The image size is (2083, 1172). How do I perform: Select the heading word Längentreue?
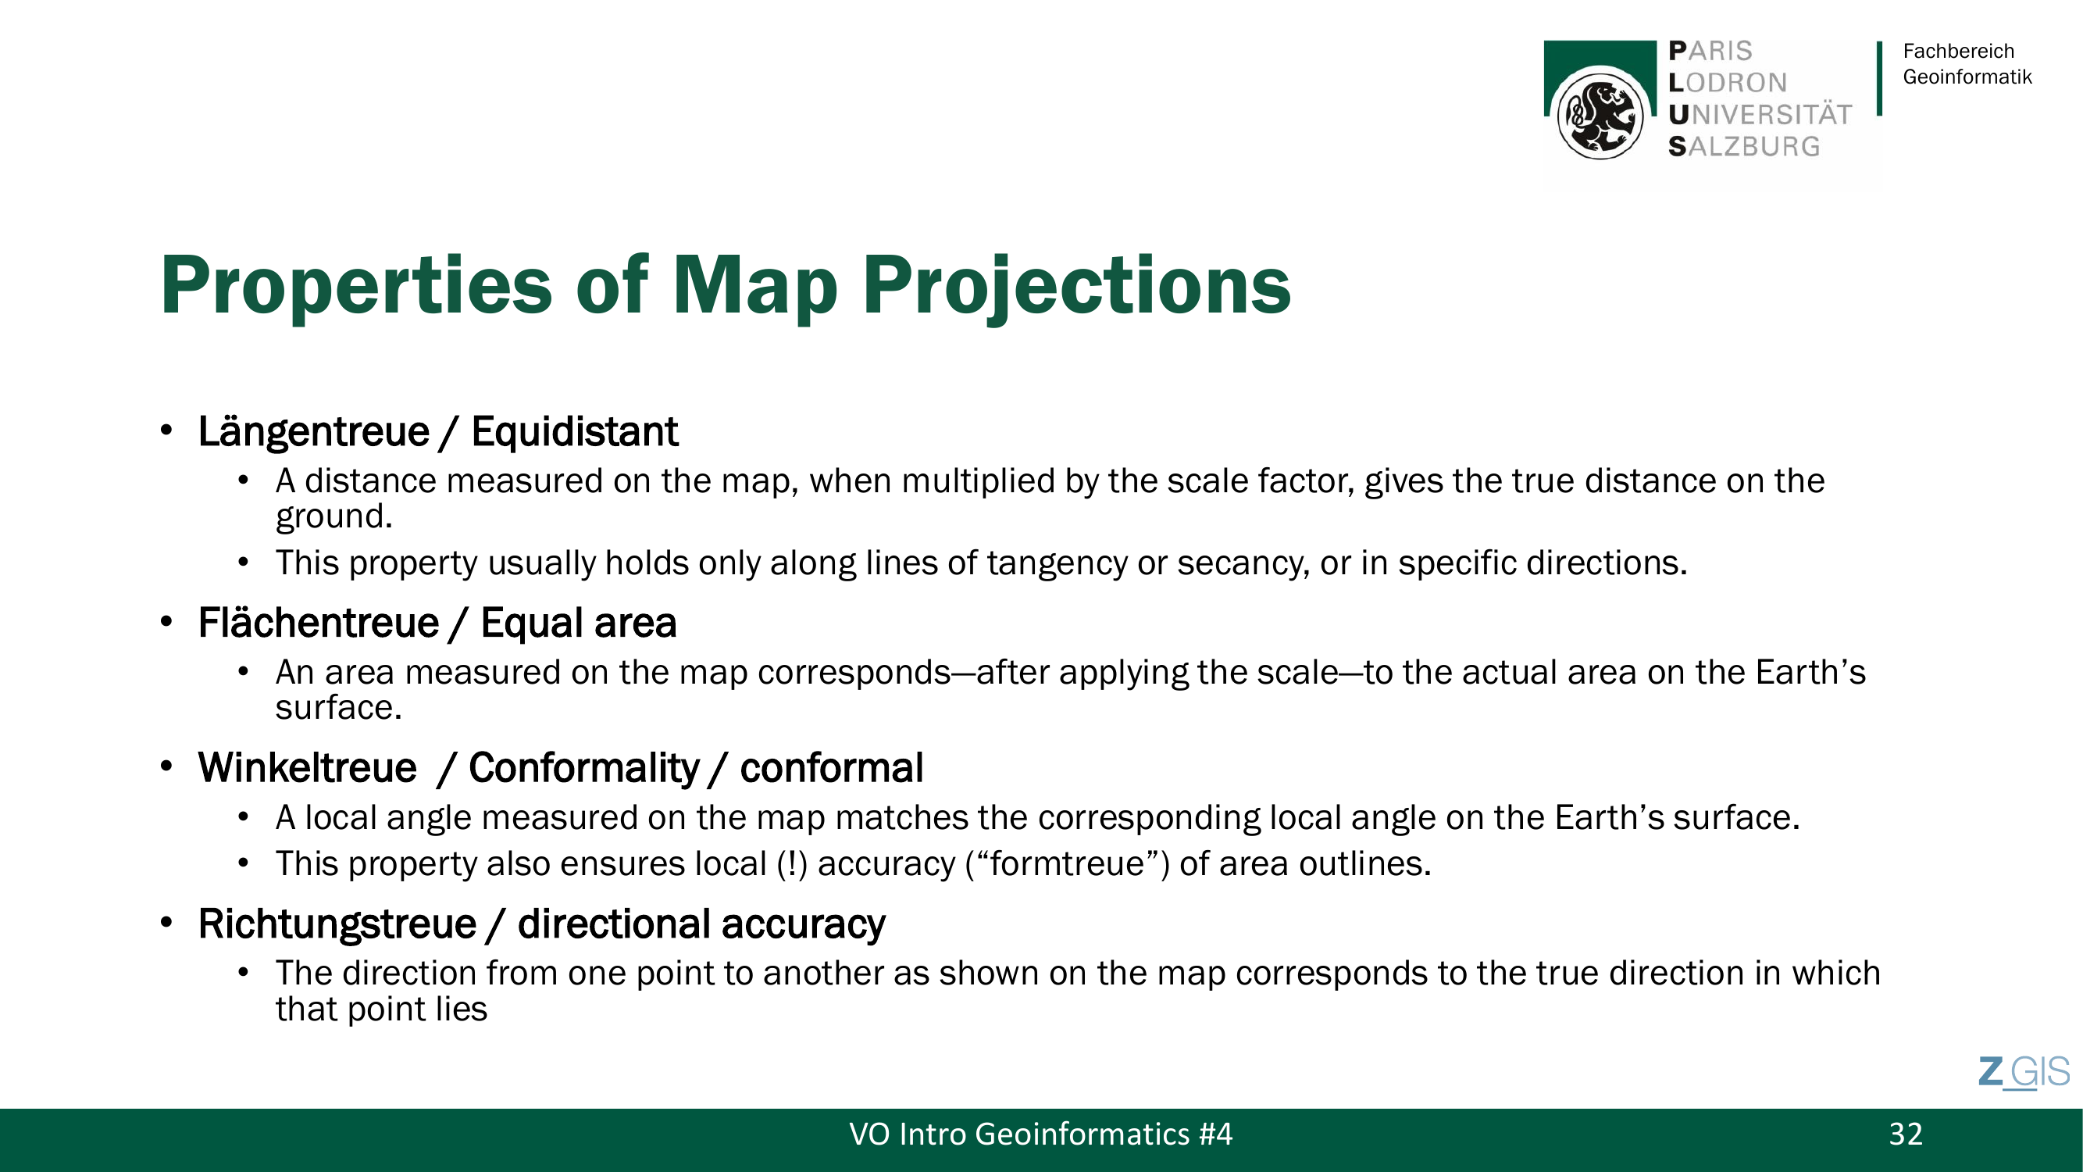point(314,432)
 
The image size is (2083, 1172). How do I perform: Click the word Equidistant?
point(574,431)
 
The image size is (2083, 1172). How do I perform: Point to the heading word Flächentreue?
point(319,623)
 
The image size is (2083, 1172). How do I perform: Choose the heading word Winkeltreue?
point(307,767)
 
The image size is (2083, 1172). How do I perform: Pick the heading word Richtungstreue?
point(337,924)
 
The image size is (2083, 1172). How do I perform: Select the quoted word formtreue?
point(1068,864)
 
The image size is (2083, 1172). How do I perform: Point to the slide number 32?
point(1905,1134)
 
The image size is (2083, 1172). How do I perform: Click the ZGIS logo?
point(2024,1073)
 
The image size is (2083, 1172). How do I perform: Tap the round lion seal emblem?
point(1600,116)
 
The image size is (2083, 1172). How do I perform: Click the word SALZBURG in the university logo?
point(1743,146)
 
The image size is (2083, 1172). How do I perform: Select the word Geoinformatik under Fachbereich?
point(1967,77)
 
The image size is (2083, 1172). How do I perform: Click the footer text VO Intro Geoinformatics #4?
point(1040,1134)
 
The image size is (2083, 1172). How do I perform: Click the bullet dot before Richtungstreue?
point(166,923)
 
